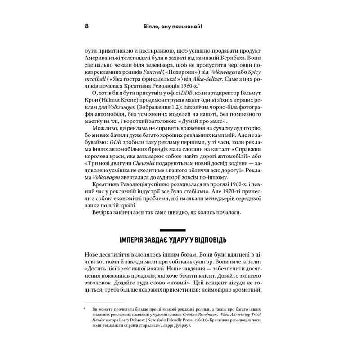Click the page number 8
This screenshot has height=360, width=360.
coord(86,27)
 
